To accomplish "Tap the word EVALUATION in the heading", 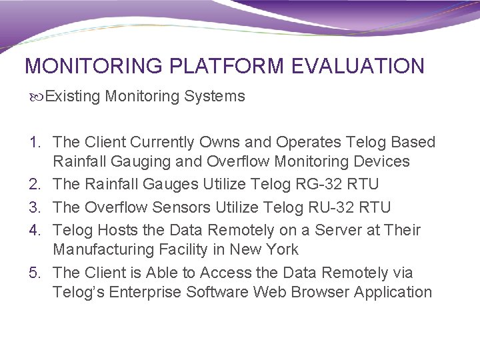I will click(357, 66).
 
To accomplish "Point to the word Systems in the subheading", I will click(215, 97).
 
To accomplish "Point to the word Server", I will click(319, 231).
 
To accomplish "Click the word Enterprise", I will click(145, 293).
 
